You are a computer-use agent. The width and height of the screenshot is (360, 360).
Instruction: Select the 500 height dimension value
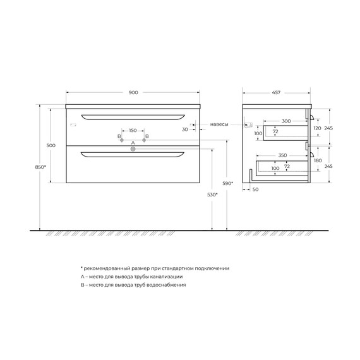coord(51,146)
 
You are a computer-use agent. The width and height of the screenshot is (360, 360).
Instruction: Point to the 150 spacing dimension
coord(133,130)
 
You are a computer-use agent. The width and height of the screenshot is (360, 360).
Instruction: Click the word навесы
coord(219,124)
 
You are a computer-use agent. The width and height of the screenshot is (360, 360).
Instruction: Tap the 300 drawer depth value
coord(286,121)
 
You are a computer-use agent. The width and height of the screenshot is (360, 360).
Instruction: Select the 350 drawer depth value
coord(282,154)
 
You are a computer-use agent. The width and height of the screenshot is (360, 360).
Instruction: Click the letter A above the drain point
coord(133,143)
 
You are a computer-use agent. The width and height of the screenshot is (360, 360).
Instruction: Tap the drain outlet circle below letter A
coord(133,149)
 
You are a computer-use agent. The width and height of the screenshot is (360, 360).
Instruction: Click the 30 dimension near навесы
coord(186,129)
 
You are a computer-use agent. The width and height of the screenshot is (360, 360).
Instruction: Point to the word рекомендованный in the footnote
coord(107,268)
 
